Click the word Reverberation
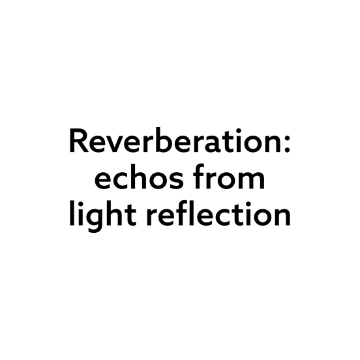(x=175, y=140)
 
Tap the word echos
(x=139, y=177)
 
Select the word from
(x=229, y=177)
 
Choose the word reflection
(x=218, y=213)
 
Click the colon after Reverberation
(x=287, y=144)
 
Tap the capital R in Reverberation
(x=79, y=140)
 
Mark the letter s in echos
(x=176, y=181)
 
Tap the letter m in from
(x=252, y=181)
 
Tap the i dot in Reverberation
(x=239, y=131)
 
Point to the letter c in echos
(x=120, y=181)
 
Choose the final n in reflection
(x=283, y=217)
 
